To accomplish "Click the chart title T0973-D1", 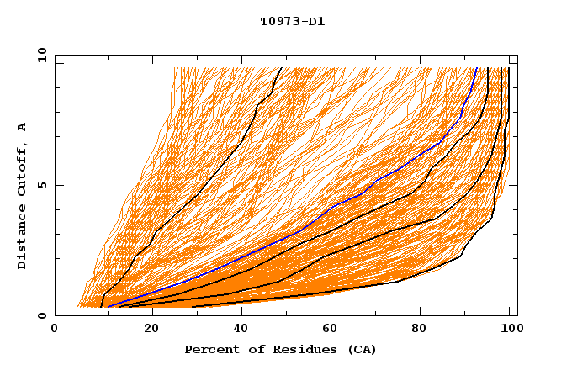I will (292, 21).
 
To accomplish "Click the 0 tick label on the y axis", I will (42, 315).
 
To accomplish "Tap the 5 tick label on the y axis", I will (42, 185).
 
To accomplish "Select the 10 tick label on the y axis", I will (40, 55).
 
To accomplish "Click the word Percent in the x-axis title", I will (210, 349).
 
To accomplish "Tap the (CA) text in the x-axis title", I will (360, 349).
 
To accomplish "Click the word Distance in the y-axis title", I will (22, 238).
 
